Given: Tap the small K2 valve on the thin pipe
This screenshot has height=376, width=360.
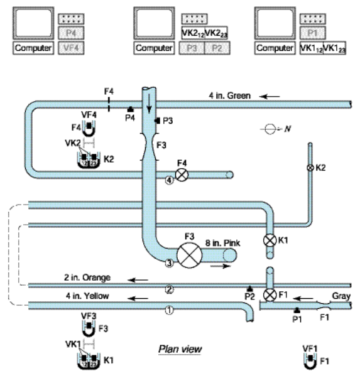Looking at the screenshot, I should pos(309,168).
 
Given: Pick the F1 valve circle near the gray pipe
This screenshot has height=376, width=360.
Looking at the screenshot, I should pos(270,294).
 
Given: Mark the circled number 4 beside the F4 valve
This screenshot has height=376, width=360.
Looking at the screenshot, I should pos(168,180).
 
